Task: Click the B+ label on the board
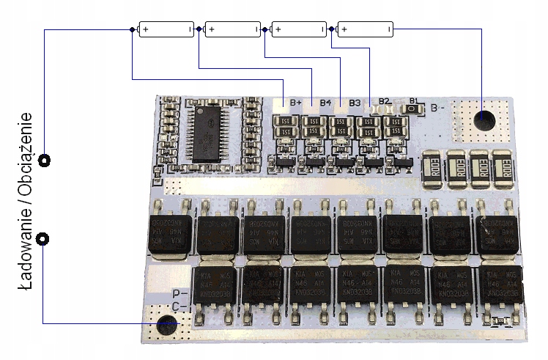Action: tap(296, 102)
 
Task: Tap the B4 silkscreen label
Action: tap(325, 103)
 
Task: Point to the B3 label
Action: tap(355, 103)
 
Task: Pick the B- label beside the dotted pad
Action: tap(438, 108)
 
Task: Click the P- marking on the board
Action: tap(179, 293)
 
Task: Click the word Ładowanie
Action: tap(26, 249)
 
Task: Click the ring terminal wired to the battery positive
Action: tap(45, 160)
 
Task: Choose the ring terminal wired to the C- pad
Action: tap(43, 239)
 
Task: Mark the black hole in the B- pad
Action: tap(484, 119)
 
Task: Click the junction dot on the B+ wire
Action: tap(132, 29)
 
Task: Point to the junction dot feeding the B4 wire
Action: tap(199, 29)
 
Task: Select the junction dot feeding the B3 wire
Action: tap(265, 29)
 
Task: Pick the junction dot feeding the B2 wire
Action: tap(332, 29)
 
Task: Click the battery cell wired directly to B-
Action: tap(366, 29)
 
